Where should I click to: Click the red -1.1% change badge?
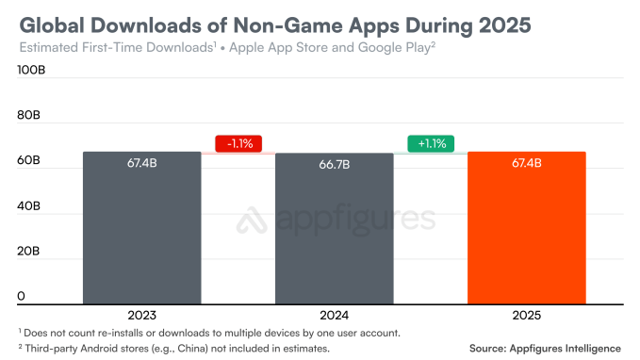click(238, 144)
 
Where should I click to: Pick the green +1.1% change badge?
click(431, 144)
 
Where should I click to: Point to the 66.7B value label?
click(334, 165)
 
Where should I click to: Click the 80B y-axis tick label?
click(28, 116)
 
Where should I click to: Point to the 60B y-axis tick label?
click(28, 161)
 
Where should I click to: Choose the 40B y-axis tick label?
click(28, 205)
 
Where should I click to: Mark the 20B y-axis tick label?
click(28, 251)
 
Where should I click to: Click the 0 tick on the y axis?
click(22, 296)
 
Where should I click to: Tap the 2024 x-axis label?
click(334, 316)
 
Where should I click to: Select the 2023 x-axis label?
click(141, 316)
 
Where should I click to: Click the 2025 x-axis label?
click(527, 316)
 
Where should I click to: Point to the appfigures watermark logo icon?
click(249, 220)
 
